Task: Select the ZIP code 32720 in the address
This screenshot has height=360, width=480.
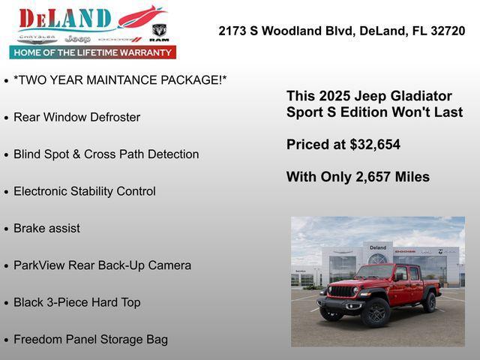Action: (x=447, y=31)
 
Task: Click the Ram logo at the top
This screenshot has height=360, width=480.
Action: (x=159, y=32)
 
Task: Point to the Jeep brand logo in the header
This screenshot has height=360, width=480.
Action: (x=77, y=38)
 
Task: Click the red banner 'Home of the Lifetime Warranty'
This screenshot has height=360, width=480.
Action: (x=93, y=52)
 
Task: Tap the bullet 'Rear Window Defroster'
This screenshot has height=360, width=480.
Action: (x=76, y=117)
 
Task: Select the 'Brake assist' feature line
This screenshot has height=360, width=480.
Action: (x=46, y=228)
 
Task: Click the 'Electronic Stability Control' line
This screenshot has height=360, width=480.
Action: (x=85, y=191)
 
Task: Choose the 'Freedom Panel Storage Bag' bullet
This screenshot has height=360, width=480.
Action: (x=91, y=339)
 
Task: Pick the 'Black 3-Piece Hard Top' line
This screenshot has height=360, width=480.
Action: (x=76, y=302)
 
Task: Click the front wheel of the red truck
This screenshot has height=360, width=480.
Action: (x=376, y=311)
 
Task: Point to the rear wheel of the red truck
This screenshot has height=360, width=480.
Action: (x=430, y=301)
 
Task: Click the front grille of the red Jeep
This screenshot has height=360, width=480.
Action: (x=341, y=292)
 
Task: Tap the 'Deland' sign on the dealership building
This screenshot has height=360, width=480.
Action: (x=378, y=247)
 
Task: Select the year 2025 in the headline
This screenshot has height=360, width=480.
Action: (x=334, y=96)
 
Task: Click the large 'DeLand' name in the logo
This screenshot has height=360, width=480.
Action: (x=65, y=18)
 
